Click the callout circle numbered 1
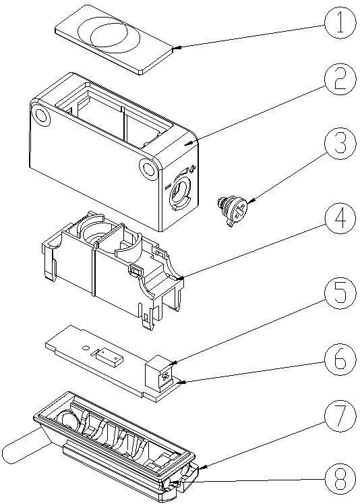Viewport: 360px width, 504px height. [x=340, y=23]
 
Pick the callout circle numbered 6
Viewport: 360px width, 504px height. [x=340, y=361]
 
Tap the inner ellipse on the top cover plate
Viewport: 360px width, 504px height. [x=109, y=36]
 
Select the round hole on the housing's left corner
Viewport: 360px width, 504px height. [x=41, y=115]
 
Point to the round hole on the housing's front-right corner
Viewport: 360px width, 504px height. [x=148, y=168]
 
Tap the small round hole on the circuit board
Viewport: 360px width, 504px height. [x=86, y=347]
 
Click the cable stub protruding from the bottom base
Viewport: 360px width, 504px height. [x=25, y=445]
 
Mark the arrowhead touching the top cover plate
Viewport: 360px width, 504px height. [x=176, y=49]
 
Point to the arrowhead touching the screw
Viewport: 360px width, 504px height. [x=250, y=202]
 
